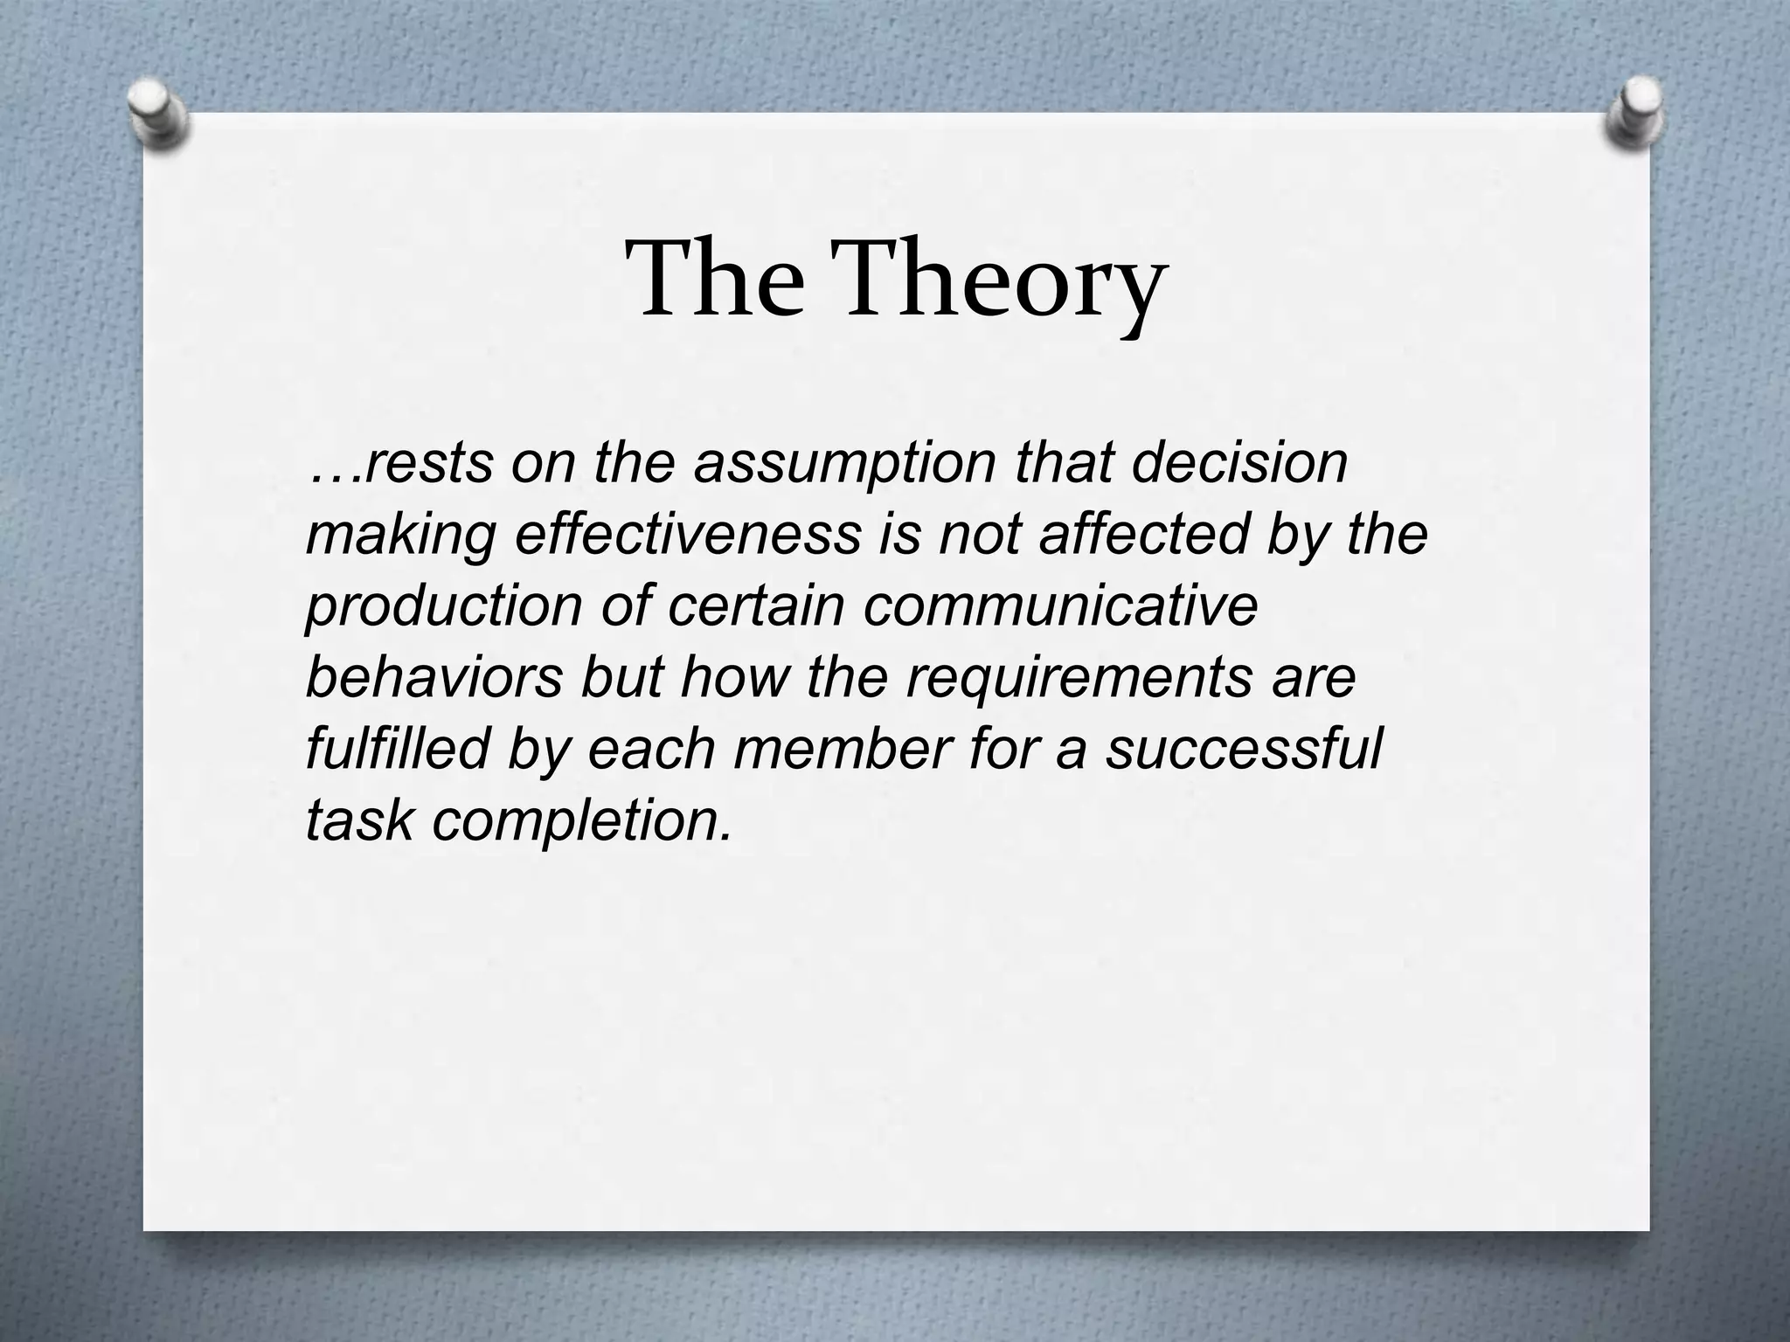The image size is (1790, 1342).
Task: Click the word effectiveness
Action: point(688,534)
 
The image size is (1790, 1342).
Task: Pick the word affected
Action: point(1144,534)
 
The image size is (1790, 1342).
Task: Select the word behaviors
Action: point(434,677)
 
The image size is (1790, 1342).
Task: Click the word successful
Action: point(1243,749)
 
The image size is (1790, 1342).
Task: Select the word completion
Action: point(581,822)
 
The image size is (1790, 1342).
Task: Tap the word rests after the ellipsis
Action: point(427,464)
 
